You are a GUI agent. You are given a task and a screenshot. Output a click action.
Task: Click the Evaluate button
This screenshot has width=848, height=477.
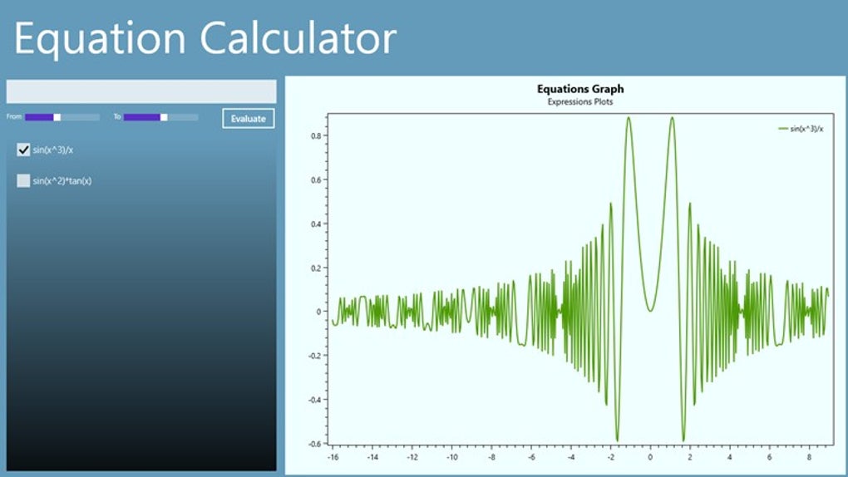[248, 118]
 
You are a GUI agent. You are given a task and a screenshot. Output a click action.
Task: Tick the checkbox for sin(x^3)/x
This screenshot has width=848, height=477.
[23, 150]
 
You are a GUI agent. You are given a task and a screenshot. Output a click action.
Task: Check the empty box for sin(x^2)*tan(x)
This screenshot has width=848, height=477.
[23, 180]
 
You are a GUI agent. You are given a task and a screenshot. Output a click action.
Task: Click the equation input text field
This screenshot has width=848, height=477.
[141, 91]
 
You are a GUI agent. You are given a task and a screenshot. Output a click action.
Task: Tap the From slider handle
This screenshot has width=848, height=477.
[57, 117]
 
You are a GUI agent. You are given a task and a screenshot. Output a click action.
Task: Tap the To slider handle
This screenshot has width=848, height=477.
[164, 117]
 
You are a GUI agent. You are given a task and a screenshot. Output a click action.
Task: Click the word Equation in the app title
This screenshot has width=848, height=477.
[97, 38]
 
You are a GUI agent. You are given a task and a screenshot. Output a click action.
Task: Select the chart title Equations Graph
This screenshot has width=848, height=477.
[580, 89]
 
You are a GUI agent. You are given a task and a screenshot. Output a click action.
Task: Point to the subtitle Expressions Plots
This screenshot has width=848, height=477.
[580, 101]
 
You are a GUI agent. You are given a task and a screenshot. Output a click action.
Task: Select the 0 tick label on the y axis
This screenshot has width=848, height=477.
[317, 312]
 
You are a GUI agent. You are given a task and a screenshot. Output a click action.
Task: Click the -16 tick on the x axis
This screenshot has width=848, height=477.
[333, 457]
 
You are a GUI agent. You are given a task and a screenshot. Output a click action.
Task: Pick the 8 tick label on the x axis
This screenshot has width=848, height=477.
[809, 457]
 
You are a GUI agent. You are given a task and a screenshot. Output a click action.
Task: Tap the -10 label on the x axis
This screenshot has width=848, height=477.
[451, 457]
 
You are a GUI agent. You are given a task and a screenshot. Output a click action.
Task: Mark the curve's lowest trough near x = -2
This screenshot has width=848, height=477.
[617, 440]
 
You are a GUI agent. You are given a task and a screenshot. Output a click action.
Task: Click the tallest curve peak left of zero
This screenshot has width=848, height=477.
[629, 118]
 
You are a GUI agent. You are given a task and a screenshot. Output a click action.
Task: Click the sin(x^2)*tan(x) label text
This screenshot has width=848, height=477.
[62, 180]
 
